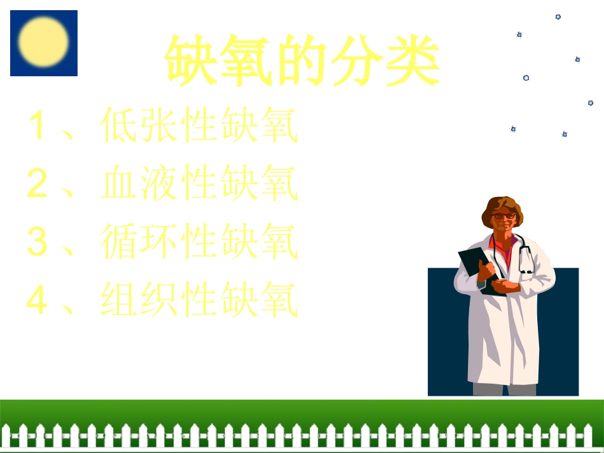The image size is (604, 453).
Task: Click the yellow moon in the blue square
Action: pyautogui.click(x=43, y=42)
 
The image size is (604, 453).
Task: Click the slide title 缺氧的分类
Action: pyautogui.click(x=303, y=61)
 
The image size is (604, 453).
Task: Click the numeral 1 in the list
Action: pyautogui.click(x=38, y=126)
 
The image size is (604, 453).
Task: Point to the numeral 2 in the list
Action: pyautogui.click(x=38, y=184)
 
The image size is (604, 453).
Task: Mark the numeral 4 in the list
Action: pyautogui.click(x=38, y=301)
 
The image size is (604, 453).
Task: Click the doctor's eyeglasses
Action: pyautogui.click(x=504, y=216)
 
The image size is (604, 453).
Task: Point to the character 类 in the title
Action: pyautogui.click(x=413, y=61)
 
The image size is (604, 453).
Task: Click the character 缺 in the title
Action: pyautogui.click(x=193, y=61)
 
